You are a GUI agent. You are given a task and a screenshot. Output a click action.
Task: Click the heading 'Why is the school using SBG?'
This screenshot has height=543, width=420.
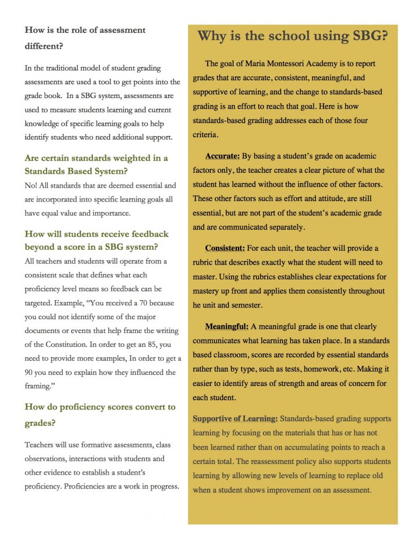coord(293,36)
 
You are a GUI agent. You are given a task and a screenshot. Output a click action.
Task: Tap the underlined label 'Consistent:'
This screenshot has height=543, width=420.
coord(225,248)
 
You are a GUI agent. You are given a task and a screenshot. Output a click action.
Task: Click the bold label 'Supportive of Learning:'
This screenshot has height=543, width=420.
coord(235,419)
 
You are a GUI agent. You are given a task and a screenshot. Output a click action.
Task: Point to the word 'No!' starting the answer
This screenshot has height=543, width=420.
coord(31,186)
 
